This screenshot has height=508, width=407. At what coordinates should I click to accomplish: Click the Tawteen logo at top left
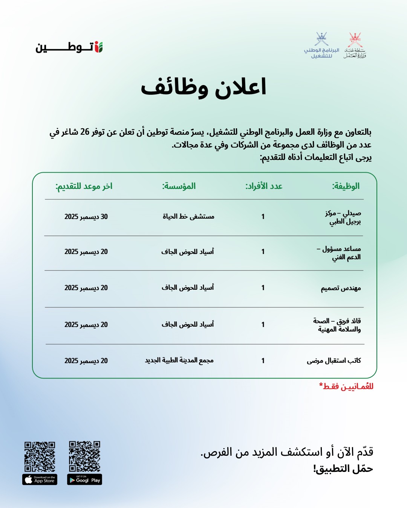click(69, 47)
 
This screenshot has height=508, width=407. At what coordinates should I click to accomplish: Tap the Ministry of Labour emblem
click(355, 46)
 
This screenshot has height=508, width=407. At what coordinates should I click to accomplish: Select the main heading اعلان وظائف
click(203, 87)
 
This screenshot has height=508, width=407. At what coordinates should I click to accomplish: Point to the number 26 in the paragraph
click(85, 132)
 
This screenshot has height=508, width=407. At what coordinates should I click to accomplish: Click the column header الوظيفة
click(346, 186)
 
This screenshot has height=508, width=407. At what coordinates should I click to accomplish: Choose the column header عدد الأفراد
click(264, 186)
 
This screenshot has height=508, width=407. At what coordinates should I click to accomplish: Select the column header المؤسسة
click(179, 186)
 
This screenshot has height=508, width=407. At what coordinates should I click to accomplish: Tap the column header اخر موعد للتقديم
click(84, 186)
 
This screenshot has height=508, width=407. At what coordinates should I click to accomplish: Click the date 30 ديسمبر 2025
click(86, 217)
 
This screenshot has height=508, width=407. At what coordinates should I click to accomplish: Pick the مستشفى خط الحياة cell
click(188, 216)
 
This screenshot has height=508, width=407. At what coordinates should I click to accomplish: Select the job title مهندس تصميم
click(341, 288)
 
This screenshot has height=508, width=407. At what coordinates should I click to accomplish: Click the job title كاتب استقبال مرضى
click(334, 361)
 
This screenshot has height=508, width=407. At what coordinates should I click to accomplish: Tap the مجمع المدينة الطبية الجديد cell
click(179, 360)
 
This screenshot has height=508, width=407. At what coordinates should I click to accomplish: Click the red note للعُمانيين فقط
click(346, 386)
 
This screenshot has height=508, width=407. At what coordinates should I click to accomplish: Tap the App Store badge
click(40, 480)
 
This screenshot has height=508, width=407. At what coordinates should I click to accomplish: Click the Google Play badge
click(85, 480)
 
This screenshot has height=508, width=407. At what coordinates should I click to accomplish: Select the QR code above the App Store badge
click(40, 456)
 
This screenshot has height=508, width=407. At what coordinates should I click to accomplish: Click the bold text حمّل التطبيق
click(343, 469)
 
